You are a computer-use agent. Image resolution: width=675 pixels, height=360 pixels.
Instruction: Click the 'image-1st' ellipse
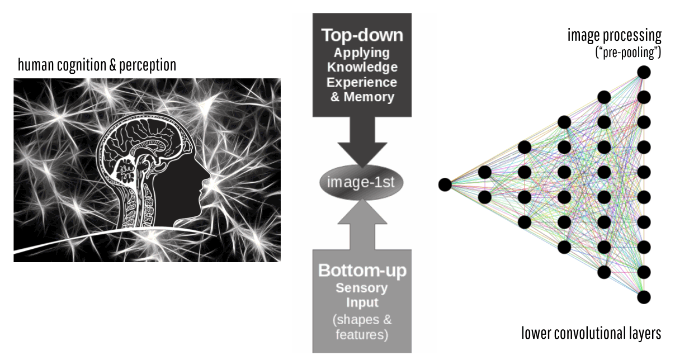361,182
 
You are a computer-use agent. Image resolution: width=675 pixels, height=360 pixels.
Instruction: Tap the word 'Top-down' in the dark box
362,35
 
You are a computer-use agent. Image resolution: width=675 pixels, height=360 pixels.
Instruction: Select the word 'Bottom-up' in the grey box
362,270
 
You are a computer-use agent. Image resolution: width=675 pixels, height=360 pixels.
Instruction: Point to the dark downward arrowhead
362,154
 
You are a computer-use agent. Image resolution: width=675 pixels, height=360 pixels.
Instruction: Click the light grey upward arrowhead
362,212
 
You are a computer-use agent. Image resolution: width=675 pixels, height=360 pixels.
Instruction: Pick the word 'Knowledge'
362,67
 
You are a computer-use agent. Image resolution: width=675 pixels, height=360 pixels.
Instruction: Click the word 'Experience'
362,82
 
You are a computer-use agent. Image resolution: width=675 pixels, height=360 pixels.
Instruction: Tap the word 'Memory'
369,97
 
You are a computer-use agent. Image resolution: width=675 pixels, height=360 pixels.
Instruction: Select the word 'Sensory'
362,288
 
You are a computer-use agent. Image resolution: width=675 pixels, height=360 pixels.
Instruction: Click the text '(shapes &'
362,320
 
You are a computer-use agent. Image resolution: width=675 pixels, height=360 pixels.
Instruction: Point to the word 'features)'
362,335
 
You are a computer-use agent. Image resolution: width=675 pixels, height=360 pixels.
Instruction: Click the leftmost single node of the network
445,184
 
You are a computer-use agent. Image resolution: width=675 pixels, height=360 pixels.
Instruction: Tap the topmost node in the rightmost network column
644,72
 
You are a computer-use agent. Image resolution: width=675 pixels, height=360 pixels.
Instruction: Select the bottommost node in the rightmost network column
644,297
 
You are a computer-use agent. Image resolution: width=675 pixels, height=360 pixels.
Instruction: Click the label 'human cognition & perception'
97,65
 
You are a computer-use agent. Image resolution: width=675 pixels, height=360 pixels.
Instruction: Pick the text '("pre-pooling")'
628,53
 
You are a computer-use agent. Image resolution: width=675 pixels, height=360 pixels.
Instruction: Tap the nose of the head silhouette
208,175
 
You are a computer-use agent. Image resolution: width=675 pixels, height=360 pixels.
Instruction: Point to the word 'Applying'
362,53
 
